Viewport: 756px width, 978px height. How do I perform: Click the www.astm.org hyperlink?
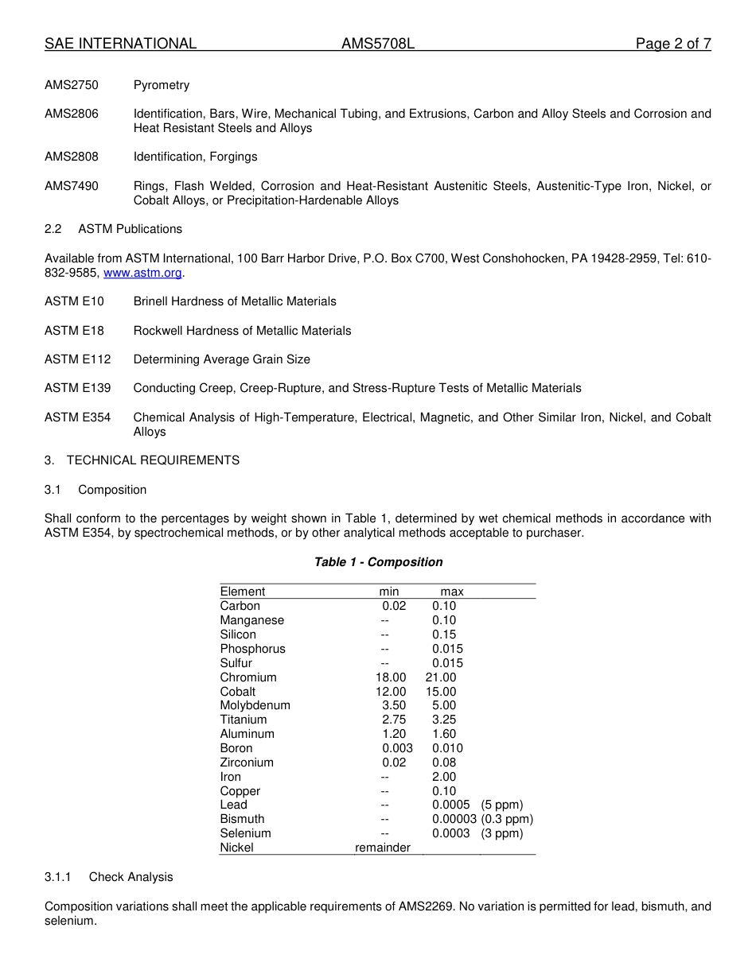pos(142,273)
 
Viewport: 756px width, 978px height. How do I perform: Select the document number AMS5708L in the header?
pos(378,44)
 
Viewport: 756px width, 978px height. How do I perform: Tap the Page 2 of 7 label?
pos(672,44)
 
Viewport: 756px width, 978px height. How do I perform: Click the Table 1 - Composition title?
pos(378,562)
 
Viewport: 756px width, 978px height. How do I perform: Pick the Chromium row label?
pos(248,677)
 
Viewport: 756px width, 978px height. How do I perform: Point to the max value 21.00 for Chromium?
pos(441,677)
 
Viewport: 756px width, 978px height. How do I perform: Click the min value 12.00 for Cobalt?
pos(391,692)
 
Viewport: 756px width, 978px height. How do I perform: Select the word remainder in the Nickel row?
pos(383,848)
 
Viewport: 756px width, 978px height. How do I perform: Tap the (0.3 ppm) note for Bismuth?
pos(507,819)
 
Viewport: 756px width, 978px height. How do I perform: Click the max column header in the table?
pos(452,592)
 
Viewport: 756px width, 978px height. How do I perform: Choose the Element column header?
pos(243,592)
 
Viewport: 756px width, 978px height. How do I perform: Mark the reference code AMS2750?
pos(72,85)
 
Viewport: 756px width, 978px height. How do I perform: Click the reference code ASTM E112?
pos(78,359)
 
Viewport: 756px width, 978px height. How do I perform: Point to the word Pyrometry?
pos(162,85)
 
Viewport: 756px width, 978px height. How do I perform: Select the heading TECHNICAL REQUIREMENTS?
pos(153,460)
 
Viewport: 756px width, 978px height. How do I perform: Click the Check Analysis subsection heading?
pos(131,877)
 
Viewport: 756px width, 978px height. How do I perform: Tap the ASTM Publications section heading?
pos(130,229)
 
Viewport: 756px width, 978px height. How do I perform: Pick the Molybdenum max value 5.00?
pos(444,705)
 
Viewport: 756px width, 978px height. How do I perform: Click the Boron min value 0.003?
pos(397,748)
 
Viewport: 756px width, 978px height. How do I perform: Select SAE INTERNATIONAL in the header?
pos(120,44)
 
